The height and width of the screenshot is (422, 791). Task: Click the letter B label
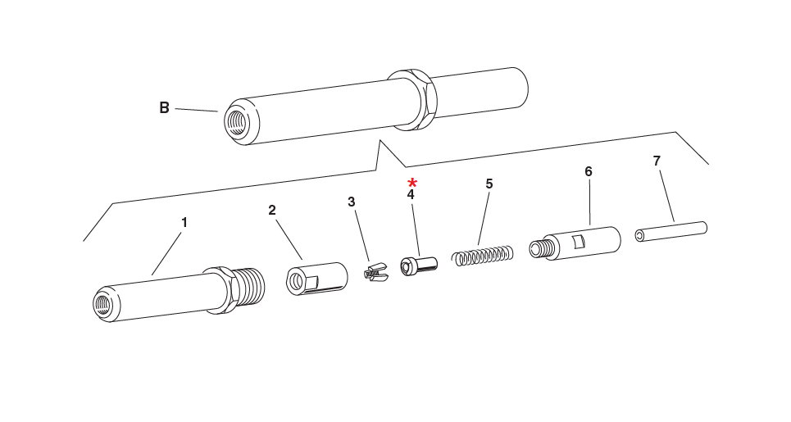[x=164, y=108]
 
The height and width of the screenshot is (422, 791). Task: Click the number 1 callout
[x=184, y=222]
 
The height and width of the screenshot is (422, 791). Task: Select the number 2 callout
[x=272, y=210]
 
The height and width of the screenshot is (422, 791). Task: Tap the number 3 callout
[x=351, y=202]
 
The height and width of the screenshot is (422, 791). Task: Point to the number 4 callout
[x=411, y=195]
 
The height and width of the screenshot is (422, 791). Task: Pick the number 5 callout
[x=489, y=184]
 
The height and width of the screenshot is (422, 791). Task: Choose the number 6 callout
[x=589, y=171]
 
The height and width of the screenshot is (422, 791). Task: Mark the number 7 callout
[x=657, y=161]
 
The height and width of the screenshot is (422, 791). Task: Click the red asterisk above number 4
[x=412, y=182]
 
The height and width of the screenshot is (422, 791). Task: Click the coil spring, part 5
[x=484, y=256]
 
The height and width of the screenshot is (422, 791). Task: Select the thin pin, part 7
[x=671, y=231]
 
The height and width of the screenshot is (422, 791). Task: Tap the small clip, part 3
[x=375, y=272]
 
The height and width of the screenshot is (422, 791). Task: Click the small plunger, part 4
[x=418, y=265]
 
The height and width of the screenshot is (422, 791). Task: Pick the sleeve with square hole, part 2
[x=316, y=278]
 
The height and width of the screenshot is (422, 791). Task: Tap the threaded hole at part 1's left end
[x=102, y=305]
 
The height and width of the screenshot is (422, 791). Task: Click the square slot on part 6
[x=579, y=241]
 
